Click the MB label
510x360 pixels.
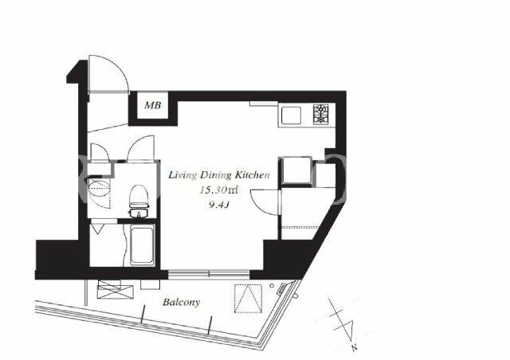coord(152,105)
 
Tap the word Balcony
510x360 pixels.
coord(181,303)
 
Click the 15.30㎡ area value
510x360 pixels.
coord(219,190)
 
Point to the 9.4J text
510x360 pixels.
coord(219,205)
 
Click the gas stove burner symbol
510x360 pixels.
coord(321,114)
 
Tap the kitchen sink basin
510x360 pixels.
coord(291,115)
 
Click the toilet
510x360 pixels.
coord(139,201)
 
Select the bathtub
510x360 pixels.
coord(142,245)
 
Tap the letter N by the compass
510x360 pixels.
coord(354,348)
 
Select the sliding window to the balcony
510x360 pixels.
coord(209,274)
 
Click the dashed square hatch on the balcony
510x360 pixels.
coord(248,299)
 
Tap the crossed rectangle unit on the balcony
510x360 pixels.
coord(116,289)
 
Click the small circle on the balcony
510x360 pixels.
coord(272,286)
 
